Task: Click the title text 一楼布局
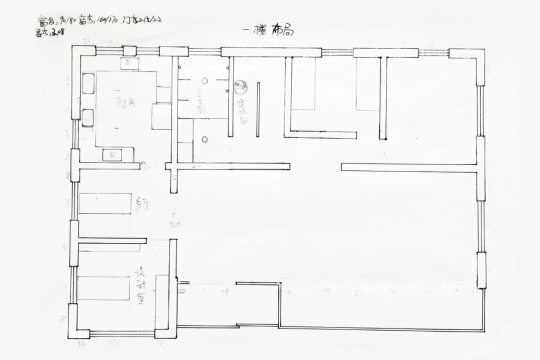tap(267, 31)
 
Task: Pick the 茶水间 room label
tap(242, 111)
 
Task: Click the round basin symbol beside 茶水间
tap(241, 88)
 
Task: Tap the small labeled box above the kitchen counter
tap(128, 63)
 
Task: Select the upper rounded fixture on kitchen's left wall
tap(88, 83)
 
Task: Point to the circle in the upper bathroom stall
tap(205, 80)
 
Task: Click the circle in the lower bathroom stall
tap(204, 138)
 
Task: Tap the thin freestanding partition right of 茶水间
tap(258, 110)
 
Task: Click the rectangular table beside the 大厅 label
tap(105, 203)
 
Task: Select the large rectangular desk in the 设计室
tap(103, 288)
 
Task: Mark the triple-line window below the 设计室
tap(122, 334)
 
